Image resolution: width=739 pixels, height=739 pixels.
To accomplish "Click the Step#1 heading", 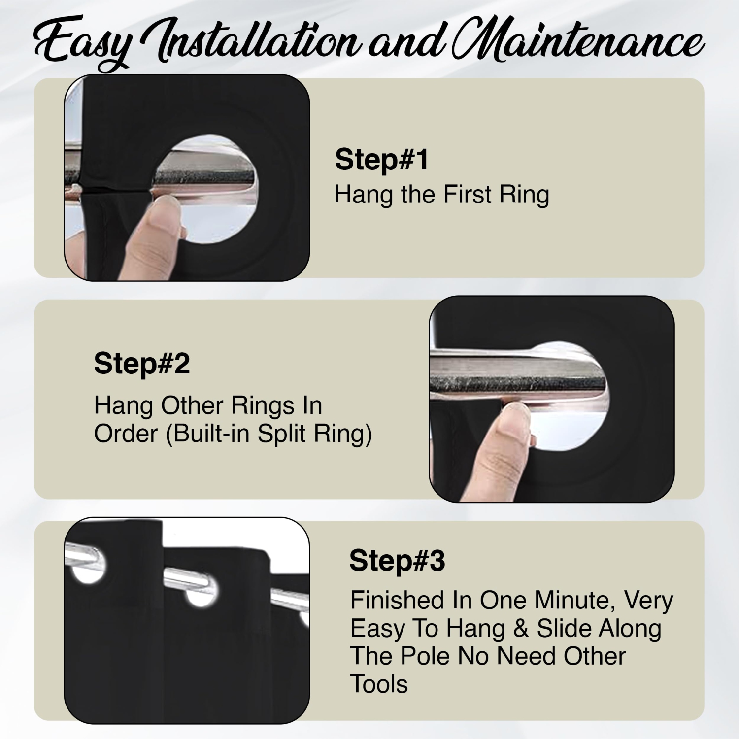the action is pos(382,160).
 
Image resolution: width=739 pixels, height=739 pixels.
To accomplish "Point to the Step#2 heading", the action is pos(142,364).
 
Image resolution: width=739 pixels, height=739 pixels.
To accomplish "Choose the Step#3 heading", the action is pos(397,561).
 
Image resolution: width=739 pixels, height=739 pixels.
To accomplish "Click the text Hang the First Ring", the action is pos(442,195).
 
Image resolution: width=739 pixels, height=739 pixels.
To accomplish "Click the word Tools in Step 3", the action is pos(379,684).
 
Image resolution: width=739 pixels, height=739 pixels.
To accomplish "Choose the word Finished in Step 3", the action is pos(398,600).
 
